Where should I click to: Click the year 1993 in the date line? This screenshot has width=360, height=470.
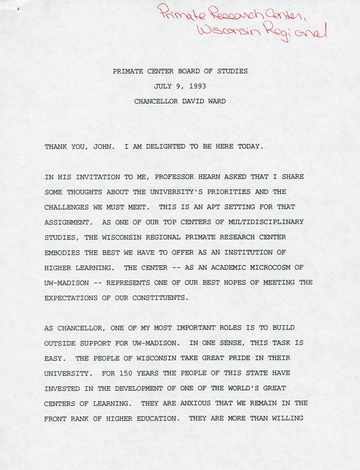click(198, 87)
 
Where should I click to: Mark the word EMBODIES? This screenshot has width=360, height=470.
click(58, 253)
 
